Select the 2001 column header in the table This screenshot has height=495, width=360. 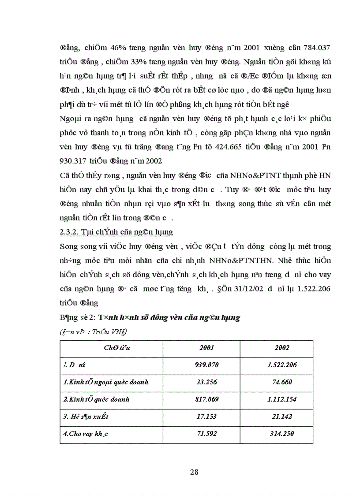(206, 348)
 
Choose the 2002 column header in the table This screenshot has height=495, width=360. (282, 348)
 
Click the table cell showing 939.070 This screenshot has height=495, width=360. (206, 365)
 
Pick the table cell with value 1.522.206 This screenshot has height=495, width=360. (282, 365)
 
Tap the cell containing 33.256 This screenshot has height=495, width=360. (206, 382)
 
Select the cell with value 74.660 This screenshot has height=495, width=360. (282, 382)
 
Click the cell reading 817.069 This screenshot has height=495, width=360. (206, 399)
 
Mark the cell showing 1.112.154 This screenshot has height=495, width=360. (282, 399)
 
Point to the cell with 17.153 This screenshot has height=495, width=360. (206, 417)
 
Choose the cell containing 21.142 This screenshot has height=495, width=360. (282, 417)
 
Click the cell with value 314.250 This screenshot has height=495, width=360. (282, 434)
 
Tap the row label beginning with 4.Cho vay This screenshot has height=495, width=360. (86, 434)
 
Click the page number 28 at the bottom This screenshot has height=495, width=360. (194, 472)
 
